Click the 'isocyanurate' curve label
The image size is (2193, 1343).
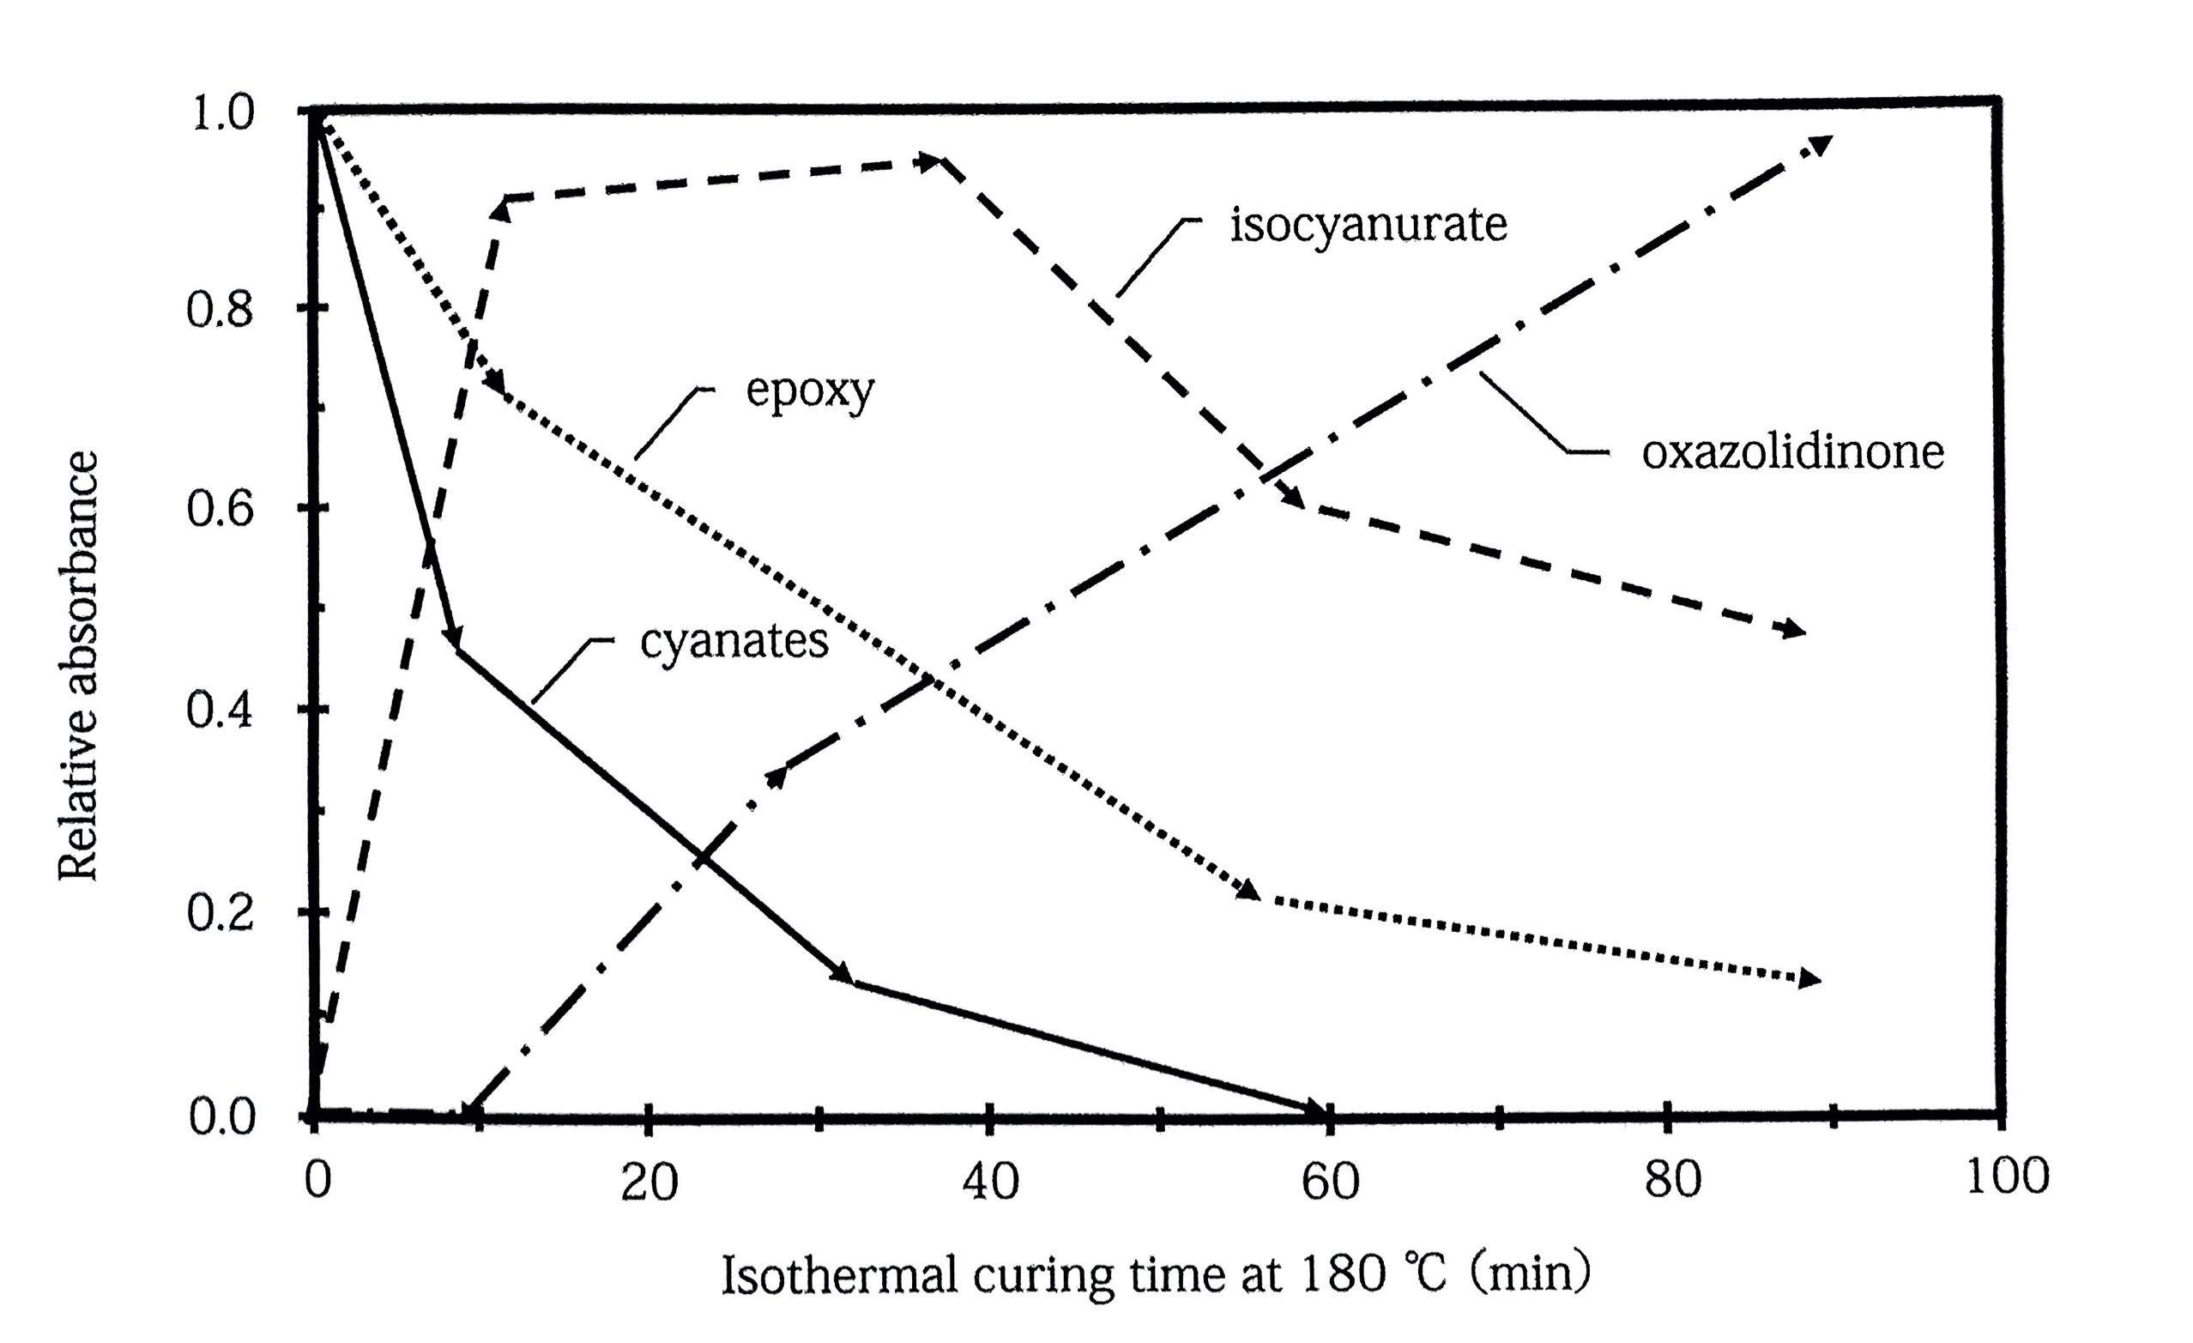[1368, 226]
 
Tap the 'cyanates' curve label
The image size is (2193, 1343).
[734, 642]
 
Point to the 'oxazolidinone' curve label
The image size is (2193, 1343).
[1792, 453]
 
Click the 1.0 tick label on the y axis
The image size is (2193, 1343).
[221, 113]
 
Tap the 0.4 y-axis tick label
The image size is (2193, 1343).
[220, 711]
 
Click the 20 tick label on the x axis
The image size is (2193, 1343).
[649, 1182]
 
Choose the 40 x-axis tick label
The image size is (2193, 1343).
[990, 1182]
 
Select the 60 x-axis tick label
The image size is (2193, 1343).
[1330, 1182]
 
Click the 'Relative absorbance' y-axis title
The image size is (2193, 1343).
[78, 666]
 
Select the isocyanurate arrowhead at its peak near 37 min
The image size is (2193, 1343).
[930, 162]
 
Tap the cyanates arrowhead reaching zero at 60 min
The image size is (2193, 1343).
[1315, 1109]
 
